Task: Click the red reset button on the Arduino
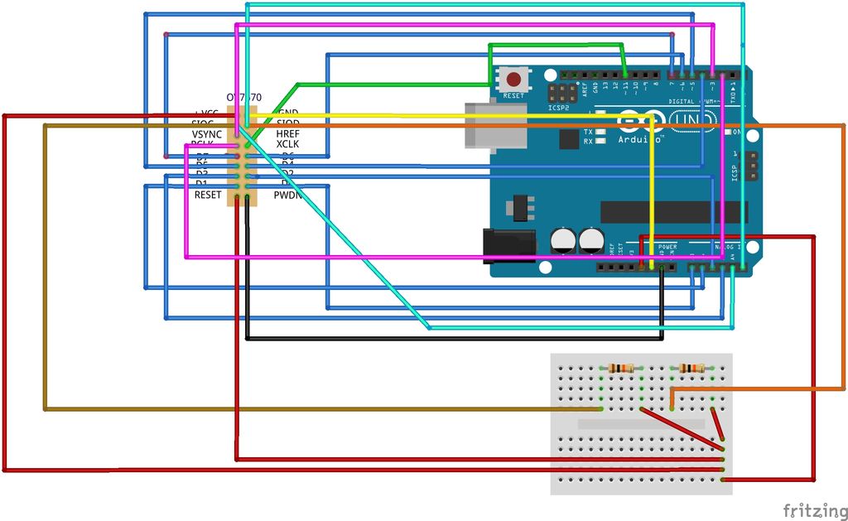click(514, 80)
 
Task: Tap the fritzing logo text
click(814, 510)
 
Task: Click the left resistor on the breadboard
click(621, 369)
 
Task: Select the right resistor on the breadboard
click(691, 369)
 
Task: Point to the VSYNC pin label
click(207, 134)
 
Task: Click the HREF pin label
click(287, 134)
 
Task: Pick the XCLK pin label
click(287, 145)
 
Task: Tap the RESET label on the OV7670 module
click(208, 195)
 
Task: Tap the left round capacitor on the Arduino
click(564, 240)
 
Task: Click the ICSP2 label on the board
click(559, 108)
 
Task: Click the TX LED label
click(588, 133)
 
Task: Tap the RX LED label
click(588, 142)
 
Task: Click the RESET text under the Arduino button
click(513, 96)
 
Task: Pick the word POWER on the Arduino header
click(667, 247)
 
